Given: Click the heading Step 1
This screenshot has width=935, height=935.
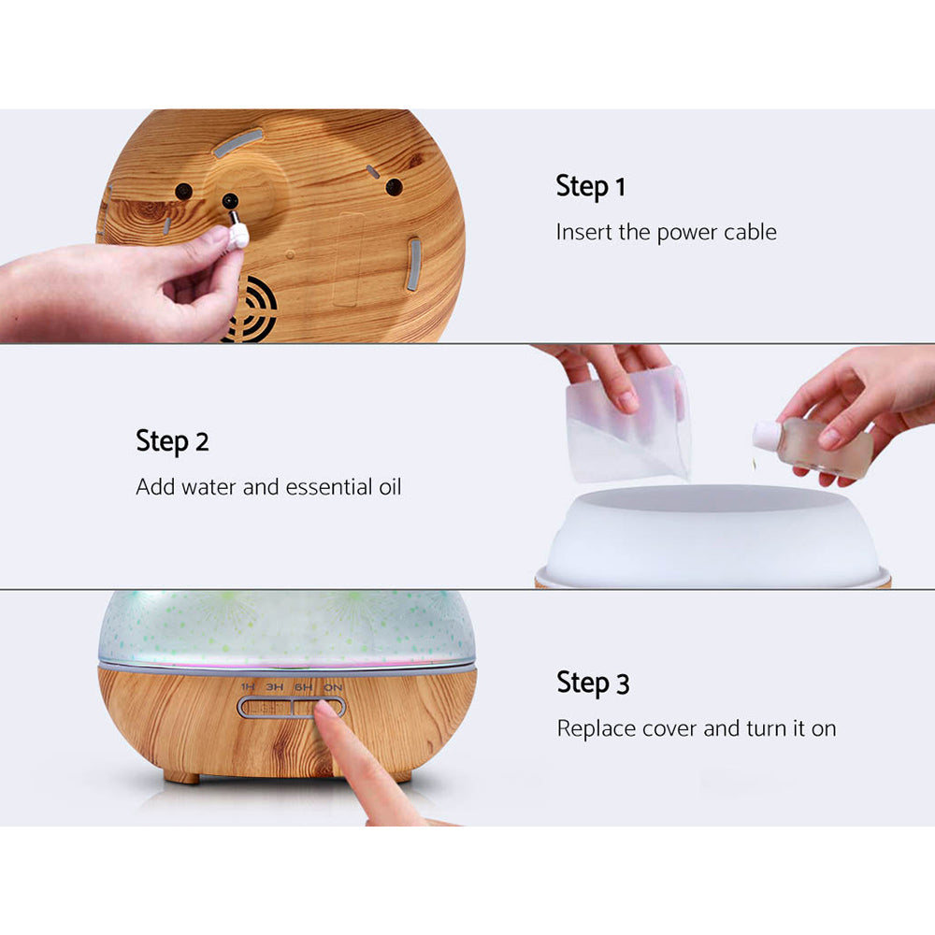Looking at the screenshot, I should click(x=590, y=186).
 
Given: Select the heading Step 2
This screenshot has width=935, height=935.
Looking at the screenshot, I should click(x=172, y=440).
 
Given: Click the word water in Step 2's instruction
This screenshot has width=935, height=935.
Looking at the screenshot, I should click(x=212, y=487).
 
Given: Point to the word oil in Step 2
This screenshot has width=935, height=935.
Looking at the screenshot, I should click(x=388, y=487).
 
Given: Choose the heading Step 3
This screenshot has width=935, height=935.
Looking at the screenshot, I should click(x=593, y=683).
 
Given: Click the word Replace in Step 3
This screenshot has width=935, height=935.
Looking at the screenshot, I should click(x=596, y=728).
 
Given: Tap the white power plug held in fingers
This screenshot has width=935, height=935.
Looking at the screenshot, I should click(x=237, y=232).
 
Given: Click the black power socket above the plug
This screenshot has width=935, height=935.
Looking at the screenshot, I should click(x=229, y=200).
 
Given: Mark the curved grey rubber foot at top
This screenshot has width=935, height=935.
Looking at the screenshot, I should click(x=237, y=143).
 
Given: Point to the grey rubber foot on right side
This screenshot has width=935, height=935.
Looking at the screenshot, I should click(x=413, y=264).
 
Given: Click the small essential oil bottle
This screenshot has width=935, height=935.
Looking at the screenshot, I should click(x=816, y=446).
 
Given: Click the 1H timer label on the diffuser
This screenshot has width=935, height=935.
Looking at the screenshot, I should click(x=248, y=687).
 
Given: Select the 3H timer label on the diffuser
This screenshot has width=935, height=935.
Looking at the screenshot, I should click(x=275, y=687).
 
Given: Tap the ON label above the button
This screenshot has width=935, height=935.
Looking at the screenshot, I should click(x=332, y=687).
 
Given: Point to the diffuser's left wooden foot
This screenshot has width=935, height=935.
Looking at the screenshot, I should click(x=181, y=775).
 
